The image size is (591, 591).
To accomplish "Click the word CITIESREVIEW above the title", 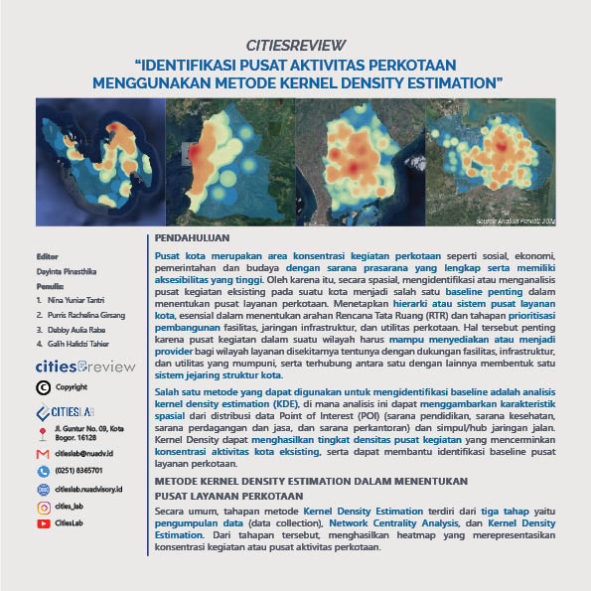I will pos(295,45).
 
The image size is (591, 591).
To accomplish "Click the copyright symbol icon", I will pos(43,386).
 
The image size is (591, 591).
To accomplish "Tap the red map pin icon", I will pos(43,433).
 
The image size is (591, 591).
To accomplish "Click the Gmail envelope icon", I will pos(43,453).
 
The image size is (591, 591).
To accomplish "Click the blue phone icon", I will pos(43,471).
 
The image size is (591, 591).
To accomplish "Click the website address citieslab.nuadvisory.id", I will pos(97,489).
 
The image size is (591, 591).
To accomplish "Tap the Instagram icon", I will pos(43,507).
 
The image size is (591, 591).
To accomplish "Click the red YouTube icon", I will pos(43,523).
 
